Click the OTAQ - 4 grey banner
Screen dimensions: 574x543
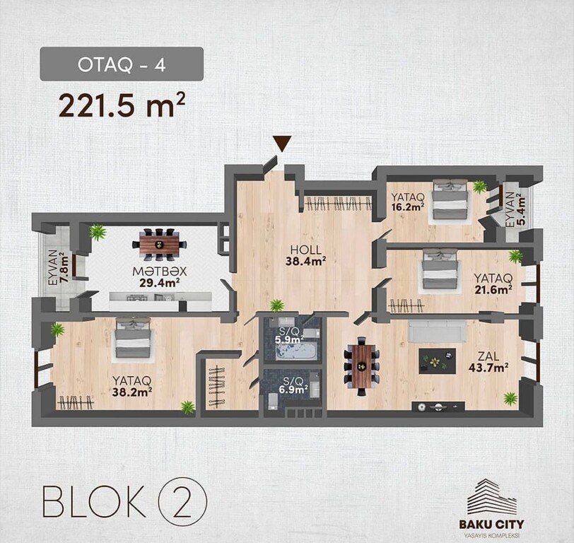click(122, 64)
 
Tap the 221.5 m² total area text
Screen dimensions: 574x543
click(122, 105)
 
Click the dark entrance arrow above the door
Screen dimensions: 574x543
click(282, 144)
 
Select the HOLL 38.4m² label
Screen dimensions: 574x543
click(306, 255)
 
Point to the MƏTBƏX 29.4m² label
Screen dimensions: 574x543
click(160, 277)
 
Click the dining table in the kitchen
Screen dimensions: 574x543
click(159, 244)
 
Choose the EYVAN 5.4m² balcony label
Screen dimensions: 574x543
click(515, 209)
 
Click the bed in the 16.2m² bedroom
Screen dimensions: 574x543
click(450, 199)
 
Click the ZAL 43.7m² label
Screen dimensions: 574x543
click(488, 362)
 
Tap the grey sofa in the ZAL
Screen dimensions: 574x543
click(438, 332)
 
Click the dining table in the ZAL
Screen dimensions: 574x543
click(362, 366)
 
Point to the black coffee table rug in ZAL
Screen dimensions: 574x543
click(437, 361)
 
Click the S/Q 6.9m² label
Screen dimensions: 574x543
click(293, 385)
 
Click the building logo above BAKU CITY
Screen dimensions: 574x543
click(491, 497)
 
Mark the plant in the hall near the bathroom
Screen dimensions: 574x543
click(277, 305)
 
